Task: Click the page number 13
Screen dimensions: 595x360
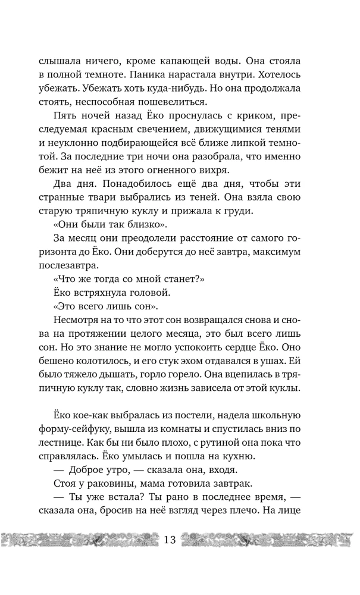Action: click(170, 541)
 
